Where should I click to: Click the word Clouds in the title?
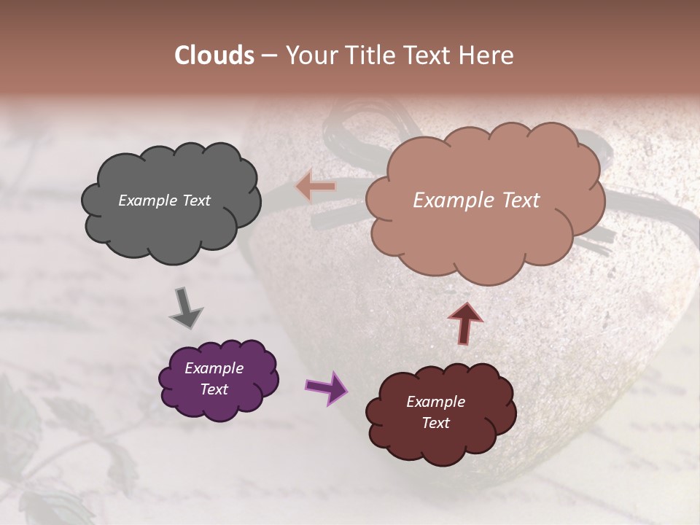click(x=214, y=55)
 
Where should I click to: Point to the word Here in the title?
click(x=488, y=55)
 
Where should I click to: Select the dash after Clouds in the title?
click(x=269, y=56)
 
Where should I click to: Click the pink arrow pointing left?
click(x=316, y=187)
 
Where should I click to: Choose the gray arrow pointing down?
click(x=185, y=308)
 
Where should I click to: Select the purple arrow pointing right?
click(x=327, y=387)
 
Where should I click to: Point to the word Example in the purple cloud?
click(x=214, y=368)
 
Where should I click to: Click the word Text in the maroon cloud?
click(x=435, y=423)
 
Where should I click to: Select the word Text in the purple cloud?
click(x=214, y=389)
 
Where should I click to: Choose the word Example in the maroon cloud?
click(x=435, y=402)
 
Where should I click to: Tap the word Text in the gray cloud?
click(x=195, y=201)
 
